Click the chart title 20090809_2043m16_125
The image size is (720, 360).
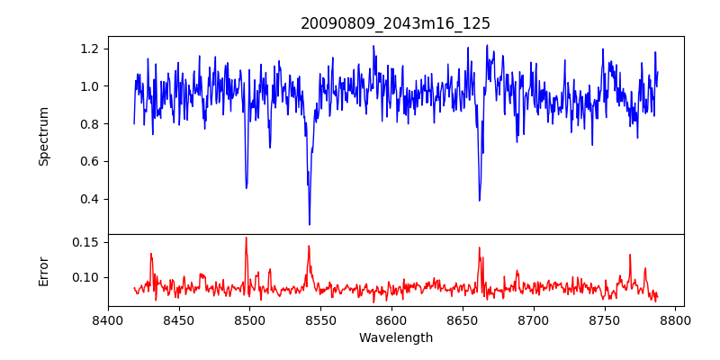[x=395, y=23]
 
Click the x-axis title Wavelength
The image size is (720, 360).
[x=395, y=337]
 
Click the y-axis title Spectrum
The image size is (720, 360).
[x=44, y=136]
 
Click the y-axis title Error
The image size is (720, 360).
[x=44, y=270]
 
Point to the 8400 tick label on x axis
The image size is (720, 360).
[x=108, y=319]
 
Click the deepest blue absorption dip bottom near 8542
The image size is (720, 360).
[x=310, y=224]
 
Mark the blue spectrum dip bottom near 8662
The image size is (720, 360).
[x=479, y=200]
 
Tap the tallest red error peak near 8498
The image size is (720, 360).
[x=246, y=238]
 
